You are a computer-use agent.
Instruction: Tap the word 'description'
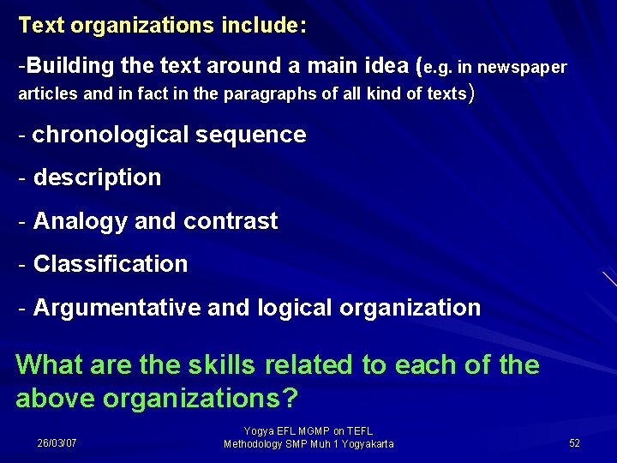[97, 177]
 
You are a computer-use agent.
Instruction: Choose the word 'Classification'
[111, 264]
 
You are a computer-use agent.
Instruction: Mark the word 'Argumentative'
[117, 308]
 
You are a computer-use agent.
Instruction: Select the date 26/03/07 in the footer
[57, 443]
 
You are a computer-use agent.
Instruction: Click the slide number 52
[574, 443]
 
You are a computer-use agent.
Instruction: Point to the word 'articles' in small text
[48, 94]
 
